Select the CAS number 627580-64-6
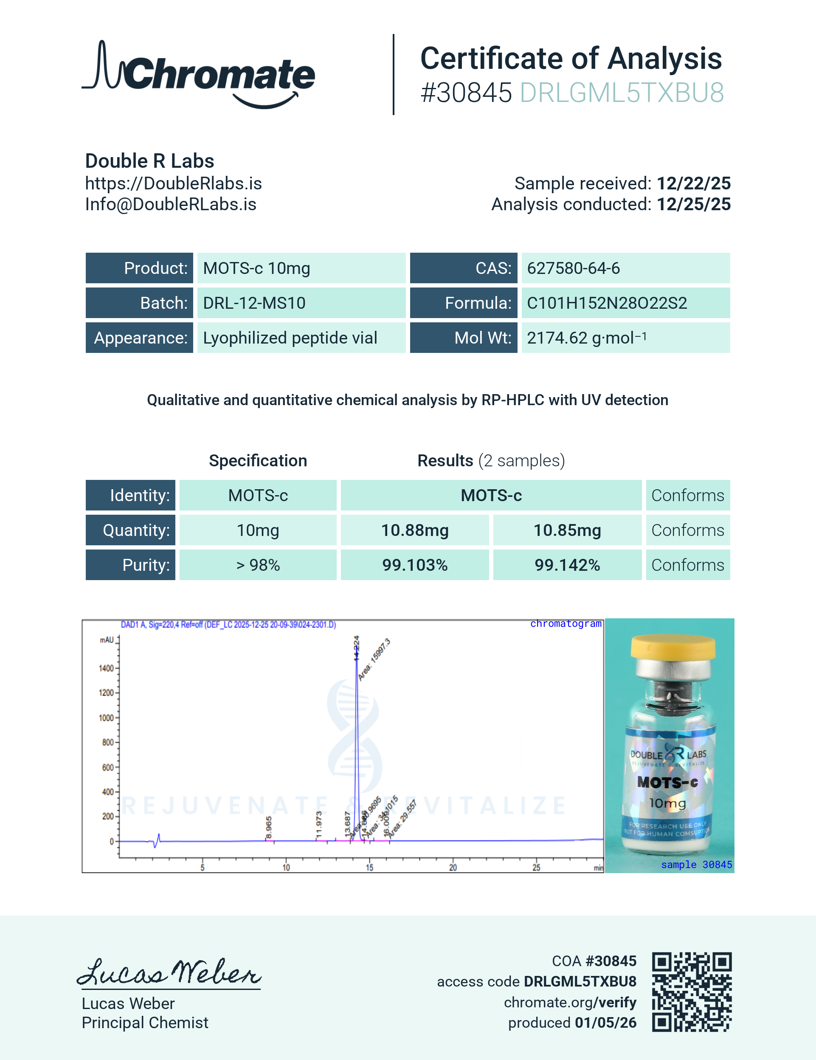(573, 268)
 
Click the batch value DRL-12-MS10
(254, 303)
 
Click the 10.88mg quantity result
(415, 530)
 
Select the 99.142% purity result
(567, 565)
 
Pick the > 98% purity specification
(258, 565)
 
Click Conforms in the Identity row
(687, 496)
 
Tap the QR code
(691, 992)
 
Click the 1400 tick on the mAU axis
(107, 668)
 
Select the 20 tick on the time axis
(453, 867)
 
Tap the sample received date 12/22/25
(693, 183)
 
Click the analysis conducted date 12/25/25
(693, 204)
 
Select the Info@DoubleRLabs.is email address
(171, 204)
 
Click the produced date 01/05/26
(605, 1023)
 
